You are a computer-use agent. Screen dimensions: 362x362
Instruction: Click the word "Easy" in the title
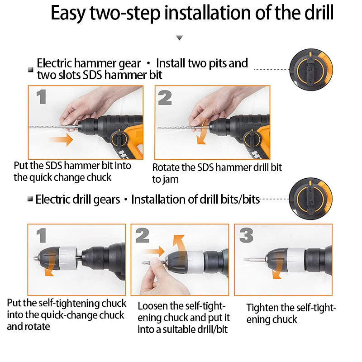pos(68,14)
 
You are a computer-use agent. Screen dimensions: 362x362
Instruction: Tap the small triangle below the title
pos(179,38)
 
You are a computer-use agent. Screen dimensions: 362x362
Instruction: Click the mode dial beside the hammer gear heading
pos(311,70)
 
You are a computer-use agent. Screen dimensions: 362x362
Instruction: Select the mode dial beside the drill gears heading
pos(310,199)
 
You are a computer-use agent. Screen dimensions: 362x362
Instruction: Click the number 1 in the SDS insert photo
pos(42,97)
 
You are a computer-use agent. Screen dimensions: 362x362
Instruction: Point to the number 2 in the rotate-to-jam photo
pos(165,98)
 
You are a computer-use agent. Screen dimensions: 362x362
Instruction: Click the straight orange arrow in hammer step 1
pos(61,139)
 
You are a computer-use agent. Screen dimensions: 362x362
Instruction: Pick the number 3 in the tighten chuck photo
pos(246,235)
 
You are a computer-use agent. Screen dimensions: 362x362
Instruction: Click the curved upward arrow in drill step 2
pos(179,243)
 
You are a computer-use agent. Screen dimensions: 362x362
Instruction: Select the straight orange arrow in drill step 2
pos(154,251)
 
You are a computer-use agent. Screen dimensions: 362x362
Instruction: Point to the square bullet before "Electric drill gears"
pos(30,199)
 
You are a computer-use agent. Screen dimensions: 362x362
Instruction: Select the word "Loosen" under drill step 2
pos(152,306)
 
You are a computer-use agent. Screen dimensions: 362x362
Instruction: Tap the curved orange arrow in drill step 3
pos(278,266)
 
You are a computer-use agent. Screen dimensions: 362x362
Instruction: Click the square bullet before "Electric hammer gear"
pos(30,70)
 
